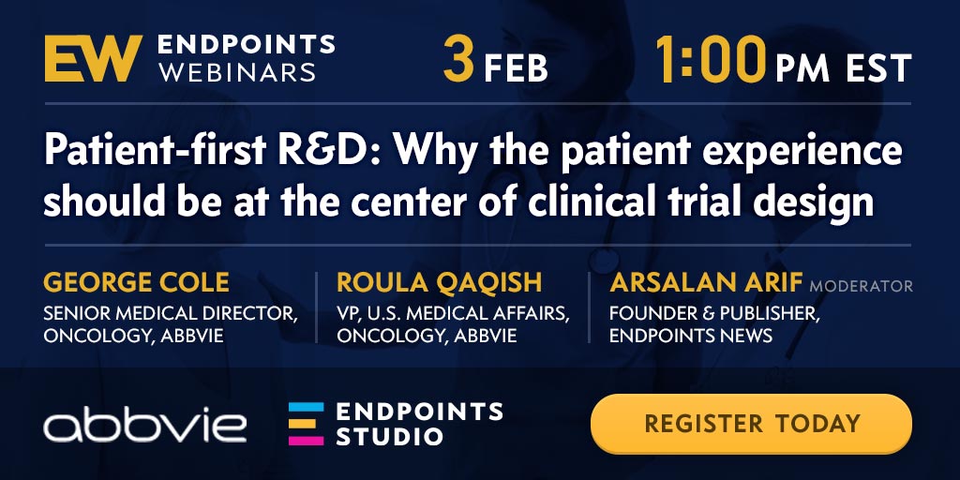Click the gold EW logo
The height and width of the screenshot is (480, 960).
tap(93, 58)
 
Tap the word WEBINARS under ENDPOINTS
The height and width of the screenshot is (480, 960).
tap(237, 71)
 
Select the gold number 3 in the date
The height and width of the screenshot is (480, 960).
tap(459, 59)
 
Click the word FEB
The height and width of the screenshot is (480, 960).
tap(515, 67)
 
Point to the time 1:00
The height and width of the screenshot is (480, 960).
tap(711, 59)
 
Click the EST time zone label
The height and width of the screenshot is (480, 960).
tap(878, 67)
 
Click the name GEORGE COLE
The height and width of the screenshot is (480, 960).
tap(137, 283)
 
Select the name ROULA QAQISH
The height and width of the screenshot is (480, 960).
tap(439, 283)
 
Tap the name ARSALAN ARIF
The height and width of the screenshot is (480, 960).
tap(706, 283)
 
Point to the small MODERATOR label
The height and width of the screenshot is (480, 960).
tap(861, 286)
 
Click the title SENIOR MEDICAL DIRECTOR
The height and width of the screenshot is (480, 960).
tap(171, 314)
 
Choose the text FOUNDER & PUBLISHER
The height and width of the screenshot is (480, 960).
tap(713, 314)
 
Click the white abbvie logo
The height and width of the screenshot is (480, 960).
tap(145, 424)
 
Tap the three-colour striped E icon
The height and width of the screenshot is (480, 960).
tap(307, 424)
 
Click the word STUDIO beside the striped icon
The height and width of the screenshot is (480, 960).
tap(389, 437)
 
